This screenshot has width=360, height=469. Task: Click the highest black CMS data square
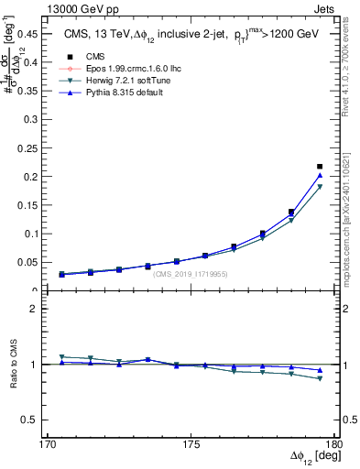click(319, 167)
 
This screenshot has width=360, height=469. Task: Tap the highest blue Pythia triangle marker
click(319, 176)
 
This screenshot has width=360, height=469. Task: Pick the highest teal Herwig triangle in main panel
click(319, 187)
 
